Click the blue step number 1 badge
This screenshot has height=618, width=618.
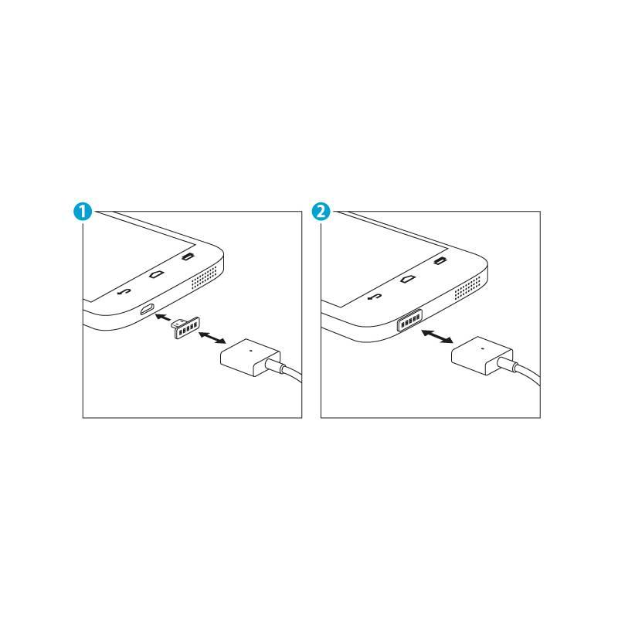[84, 211]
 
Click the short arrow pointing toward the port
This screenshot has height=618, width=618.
[162, 317]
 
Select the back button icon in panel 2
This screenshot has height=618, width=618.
[375, 296]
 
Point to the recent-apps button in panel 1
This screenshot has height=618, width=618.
[187, 257]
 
